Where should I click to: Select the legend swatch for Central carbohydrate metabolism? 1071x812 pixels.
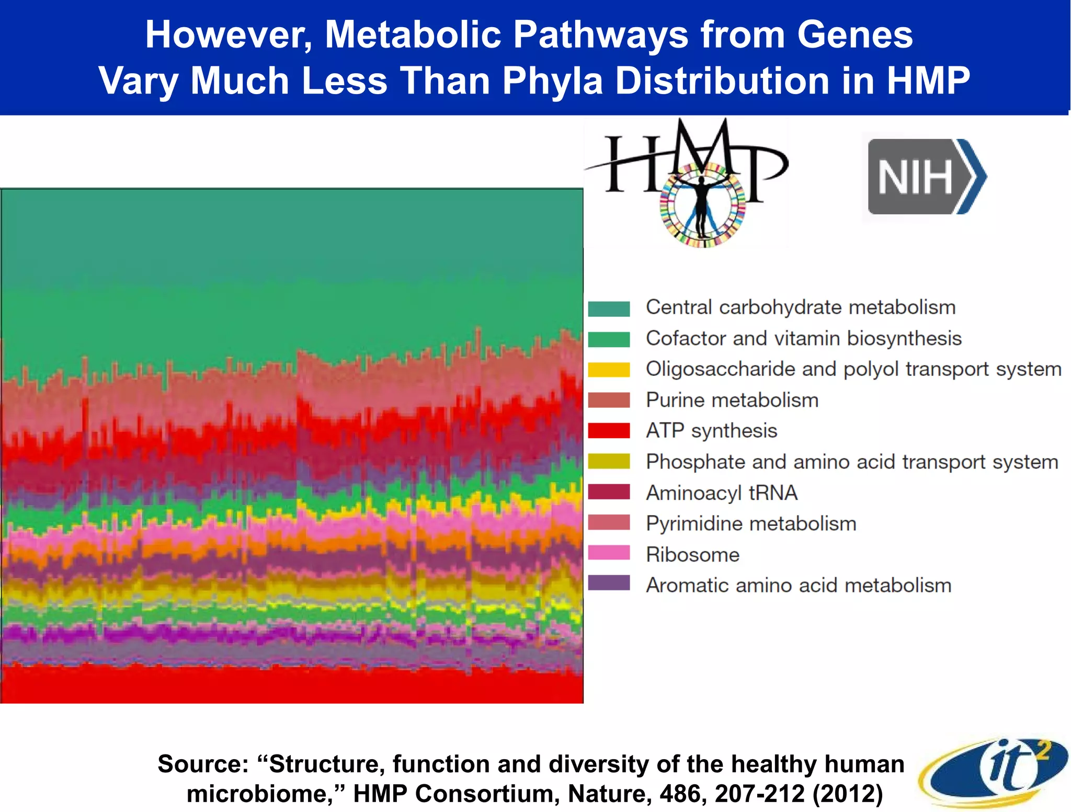609,308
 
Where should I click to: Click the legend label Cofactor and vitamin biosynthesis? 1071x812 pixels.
803,338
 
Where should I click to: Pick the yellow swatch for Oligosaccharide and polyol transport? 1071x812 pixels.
609,370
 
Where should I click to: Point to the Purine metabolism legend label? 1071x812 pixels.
732,400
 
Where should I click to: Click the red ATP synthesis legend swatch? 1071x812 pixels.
609,431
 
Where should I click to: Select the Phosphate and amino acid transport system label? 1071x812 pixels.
852,462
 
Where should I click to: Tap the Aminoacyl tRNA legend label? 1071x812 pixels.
721,493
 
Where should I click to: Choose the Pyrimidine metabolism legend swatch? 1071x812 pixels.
609,523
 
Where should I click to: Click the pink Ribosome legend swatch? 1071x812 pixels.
609,553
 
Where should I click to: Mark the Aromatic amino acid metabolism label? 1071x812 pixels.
798,585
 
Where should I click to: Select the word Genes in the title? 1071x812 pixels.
854,35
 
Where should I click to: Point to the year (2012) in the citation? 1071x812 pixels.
847,793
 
